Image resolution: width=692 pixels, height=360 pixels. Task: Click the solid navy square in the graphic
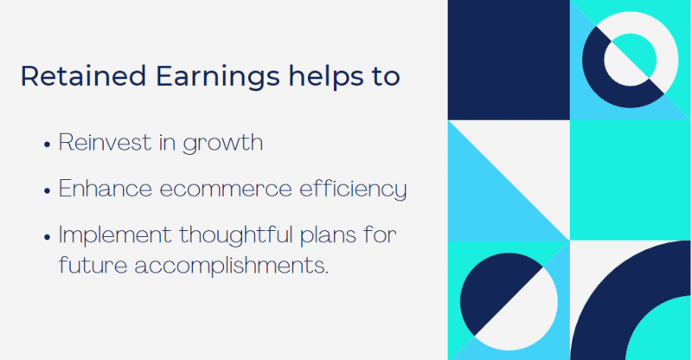click(509, 59)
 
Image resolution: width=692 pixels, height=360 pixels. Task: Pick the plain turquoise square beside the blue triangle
click(631, 179)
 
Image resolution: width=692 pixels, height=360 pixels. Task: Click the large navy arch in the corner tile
click(605, 303)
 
